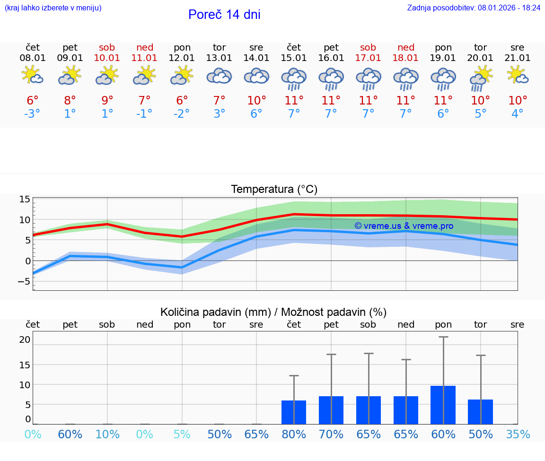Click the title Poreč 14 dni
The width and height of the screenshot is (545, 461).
[224, 15]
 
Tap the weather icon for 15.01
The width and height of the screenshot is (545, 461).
[294, 78]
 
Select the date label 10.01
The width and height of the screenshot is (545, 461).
[107, 58]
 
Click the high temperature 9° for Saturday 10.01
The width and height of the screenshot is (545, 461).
[107, 100]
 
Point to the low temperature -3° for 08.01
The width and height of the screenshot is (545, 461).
[33, 114]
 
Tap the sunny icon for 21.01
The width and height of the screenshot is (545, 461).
[518, 75]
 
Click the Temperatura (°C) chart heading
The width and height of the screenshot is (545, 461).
[274, 190]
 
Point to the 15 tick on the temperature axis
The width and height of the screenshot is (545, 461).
[25, 200]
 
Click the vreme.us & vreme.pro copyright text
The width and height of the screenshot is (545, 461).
[404, 226]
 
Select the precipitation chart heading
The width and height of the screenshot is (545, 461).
[273, 312]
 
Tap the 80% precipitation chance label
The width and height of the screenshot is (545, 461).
[294, 434]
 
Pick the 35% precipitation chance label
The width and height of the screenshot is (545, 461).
[518, 434]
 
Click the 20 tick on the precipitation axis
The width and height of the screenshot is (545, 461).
[25, 339]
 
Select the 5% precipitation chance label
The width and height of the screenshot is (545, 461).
[182, 434]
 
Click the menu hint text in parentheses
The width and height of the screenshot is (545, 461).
[53, 8]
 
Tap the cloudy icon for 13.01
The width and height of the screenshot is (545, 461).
[219, 76]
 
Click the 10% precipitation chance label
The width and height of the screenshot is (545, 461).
[107, 434]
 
